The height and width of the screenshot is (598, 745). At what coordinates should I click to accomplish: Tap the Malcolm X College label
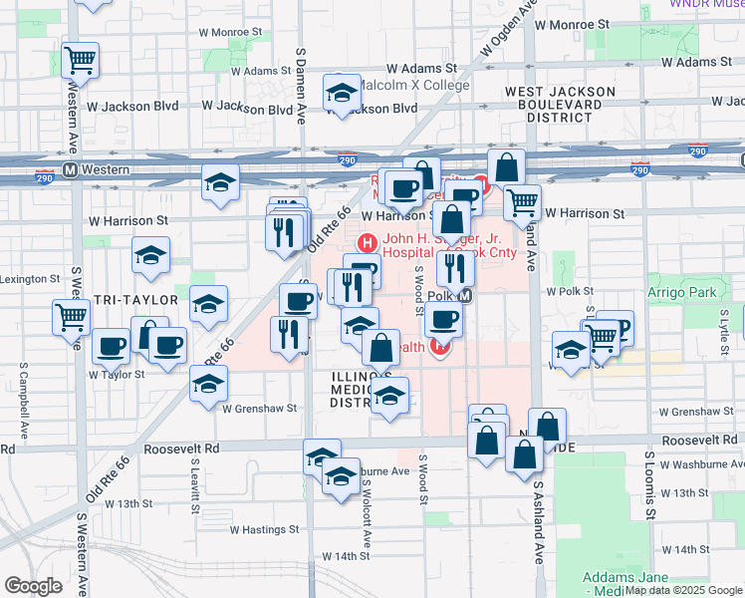413,86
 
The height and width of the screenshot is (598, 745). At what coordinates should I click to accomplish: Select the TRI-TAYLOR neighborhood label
136,299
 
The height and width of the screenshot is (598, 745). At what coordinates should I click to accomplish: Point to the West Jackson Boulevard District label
559,104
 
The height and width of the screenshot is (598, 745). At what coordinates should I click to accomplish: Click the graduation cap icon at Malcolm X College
342,94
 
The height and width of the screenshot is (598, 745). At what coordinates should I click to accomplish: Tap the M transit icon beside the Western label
71,169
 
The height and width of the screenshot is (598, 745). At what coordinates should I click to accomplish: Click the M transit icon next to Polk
464,296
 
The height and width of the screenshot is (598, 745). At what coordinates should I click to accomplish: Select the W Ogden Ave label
508,29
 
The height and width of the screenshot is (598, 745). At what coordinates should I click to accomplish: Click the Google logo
33,586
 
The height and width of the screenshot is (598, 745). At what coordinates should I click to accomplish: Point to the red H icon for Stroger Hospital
367,240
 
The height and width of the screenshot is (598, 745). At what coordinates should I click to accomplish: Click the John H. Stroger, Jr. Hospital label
435,245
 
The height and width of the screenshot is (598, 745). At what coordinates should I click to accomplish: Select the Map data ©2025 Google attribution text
683,590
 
